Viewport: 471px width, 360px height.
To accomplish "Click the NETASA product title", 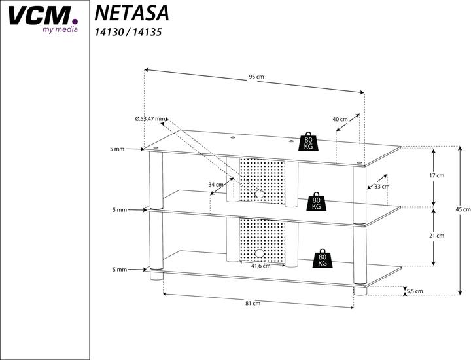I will (131, 12).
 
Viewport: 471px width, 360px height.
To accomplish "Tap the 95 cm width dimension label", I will (256, 77).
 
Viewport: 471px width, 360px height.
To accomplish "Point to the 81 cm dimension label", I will (253, 303).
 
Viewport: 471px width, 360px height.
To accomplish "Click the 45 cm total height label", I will (462, 209).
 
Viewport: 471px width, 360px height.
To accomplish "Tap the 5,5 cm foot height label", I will (413, 291).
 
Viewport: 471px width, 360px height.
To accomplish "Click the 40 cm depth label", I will (340, 120).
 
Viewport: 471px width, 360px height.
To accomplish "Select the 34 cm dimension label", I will (216, 185).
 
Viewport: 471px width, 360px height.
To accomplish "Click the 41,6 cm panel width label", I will (261, 266).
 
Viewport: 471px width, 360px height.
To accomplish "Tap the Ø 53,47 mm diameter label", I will (150, 118).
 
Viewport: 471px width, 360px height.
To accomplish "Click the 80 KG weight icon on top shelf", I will (308, 142).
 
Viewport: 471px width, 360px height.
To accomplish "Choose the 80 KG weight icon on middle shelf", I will (317, 202).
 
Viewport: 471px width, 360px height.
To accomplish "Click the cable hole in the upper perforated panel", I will (259, 194).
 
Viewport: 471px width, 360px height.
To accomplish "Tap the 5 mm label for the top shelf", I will (117, 149).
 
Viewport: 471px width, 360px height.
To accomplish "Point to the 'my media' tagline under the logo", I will (60, 29).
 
